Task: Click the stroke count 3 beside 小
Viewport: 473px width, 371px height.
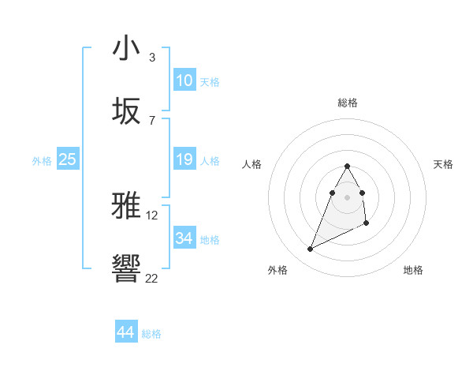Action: [151, 58]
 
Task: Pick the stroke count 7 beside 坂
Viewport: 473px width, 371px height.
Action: [151, 120]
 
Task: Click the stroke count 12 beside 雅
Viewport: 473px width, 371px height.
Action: [152, 215]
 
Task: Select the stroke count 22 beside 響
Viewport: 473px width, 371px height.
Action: [152, 278]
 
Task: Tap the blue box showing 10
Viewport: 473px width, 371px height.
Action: [184, 81]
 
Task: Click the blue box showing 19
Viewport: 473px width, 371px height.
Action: [184, 160]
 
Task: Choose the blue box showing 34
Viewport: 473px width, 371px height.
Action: [184, 238]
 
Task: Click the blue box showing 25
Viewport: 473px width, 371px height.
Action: [68, 160]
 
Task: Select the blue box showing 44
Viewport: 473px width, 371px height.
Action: [126, 332]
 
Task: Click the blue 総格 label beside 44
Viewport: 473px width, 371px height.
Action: [152, 334]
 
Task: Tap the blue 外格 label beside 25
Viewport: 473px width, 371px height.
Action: [42, 161]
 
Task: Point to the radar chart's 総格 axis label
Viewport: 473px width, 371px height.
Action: [348, 103]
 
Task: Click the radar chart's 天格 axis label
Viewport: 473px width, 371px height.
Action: [444, 164]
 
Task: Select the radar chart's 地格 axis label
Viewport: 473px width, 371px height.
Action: [413, 270]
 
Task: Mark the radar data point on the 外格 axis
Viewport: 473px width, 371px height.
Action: [310, 249]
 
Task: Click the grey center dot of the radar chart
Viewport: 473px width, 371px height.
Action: [348, 197]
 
